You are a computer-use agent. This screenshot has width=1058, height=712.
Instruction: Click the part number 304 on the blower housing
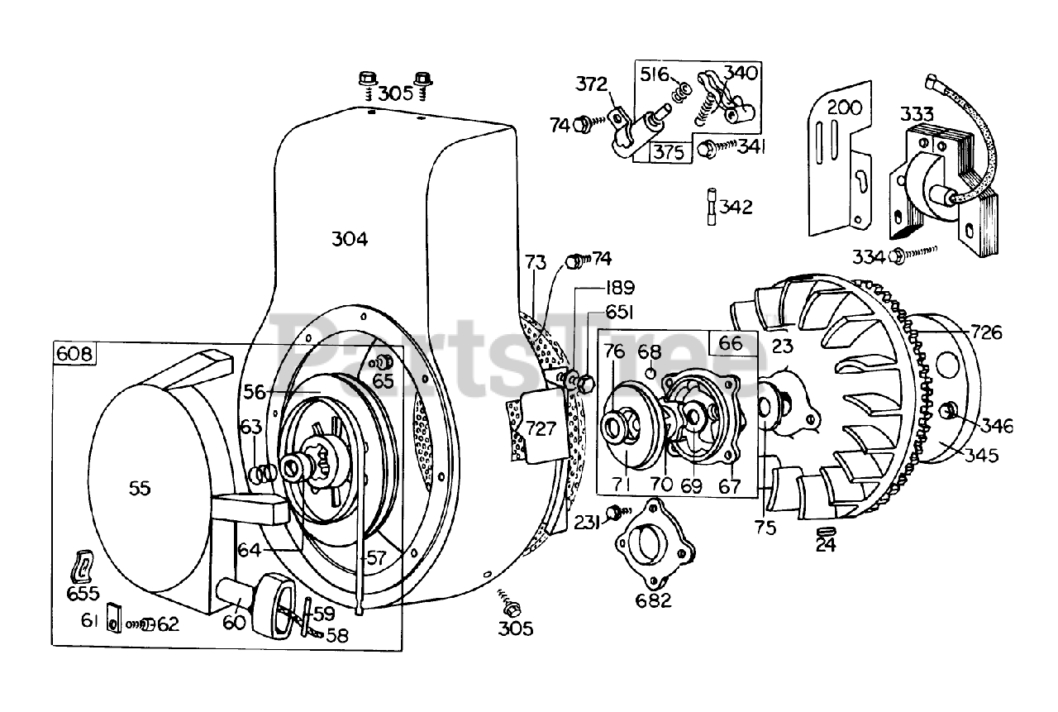coord(350,239)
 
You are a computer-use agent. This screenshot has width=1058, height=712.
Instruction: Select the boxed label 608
coord(74,353)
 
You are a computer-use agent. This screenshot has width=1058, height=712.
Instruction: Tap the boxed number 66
coord(730,343)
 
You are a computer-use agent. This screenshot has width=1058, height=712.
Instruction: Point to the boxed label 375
coord(670,152)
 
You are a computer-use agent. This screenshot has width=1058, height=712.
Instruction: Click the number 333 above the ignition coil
coord(917,114)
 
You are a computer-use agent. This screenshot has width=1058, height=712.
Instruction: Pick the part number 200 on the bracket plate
coord(845,108)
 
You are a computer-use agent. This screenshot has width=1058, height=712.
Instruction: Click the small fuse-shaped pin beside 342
coord(712,207)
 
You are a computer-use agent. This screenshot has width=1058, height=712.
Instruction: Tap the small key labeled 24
coord(826,531)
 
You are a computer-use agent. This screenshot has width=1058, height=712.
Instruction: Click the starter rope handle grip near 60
coord(273,607)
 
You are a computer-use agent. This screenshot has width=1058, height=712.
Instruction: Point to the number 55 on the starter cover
coord(140,488)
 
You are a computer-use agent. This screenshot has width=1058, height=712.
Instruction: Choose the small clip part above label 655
coord(82,566)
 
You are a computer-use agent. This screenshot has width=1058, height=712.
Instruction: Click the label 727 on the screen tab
coord(541,428)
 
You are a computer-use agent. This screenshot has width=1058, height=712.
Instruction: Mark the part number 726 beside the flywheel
coord(986,332)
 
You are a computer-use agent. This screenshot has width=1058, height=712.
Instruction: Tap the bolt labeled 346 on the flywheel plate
coord(950,410)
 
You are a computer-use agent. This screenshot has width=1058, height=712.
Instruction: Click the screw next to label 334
coord(913,254)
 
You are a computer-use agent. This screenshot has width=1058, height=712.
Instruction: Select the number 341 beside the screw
coord(751,147)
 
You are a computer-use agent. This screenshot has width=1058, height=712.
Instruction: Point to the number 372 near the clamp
coord(591,84)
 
